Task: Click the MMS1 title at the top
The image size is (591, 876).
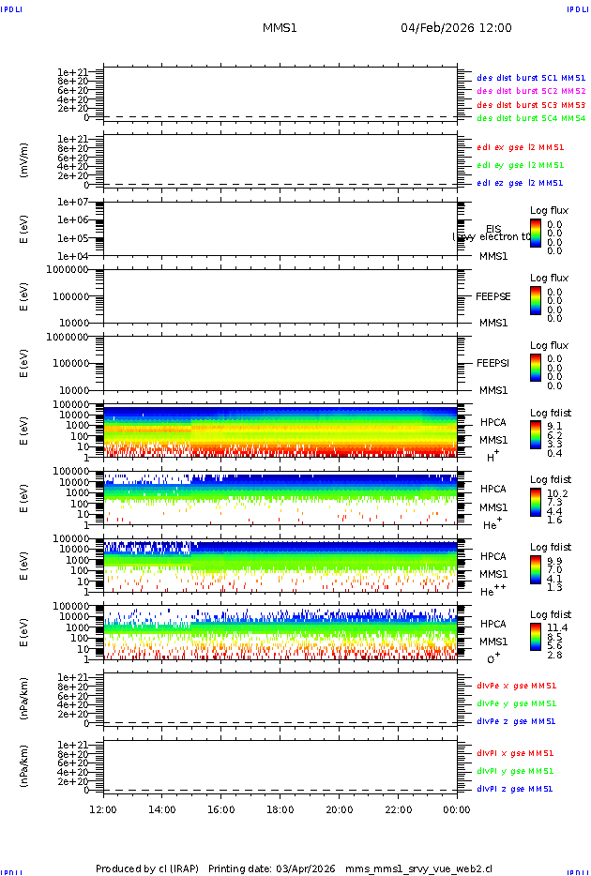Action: click(x=280, y=28)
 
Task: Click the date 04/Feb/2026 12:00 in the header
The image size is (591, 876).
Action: click(x=456, y=28)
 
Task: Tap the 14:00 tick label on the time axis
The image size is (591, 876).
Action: click(x=162, y=809)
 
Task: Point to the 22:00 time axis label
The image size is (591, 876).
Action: click(x=398, y=809)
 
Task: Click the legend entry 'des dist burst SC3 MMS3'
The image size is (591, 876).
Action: click(x=531, y=105)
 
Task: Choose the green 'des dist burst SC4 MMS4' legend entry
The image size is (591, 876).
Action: click(x=531, y=119)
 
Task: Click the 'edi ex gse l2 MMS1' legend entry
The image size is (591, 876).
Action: click(x=521, y=147)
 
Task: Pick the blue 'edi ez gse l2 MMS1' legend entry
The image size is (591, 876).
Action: click(x=521, y=183)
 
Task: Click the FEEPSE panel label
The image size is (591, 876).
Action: click(x=493, y=296)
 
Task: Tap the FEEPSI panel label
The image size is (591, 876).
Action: click(x=493, y=363)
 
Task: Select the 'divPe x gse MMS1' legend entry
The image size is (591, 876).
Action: click(x=516, y=686)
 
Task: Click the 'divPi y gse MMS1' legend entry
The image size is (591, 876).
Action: click(x=516, y=771)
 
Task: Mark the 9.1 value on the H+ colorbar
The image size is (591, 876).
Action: click(x=554, y=426)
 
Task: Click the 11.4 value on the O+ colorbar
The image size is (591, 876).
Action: click(x=556, y=627)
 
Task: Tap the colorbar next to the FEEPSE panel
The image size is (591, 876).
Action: click(x=535, y=300)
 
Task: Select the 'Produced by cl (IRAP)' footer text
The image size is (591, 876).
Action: click(x=147, y=868)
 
